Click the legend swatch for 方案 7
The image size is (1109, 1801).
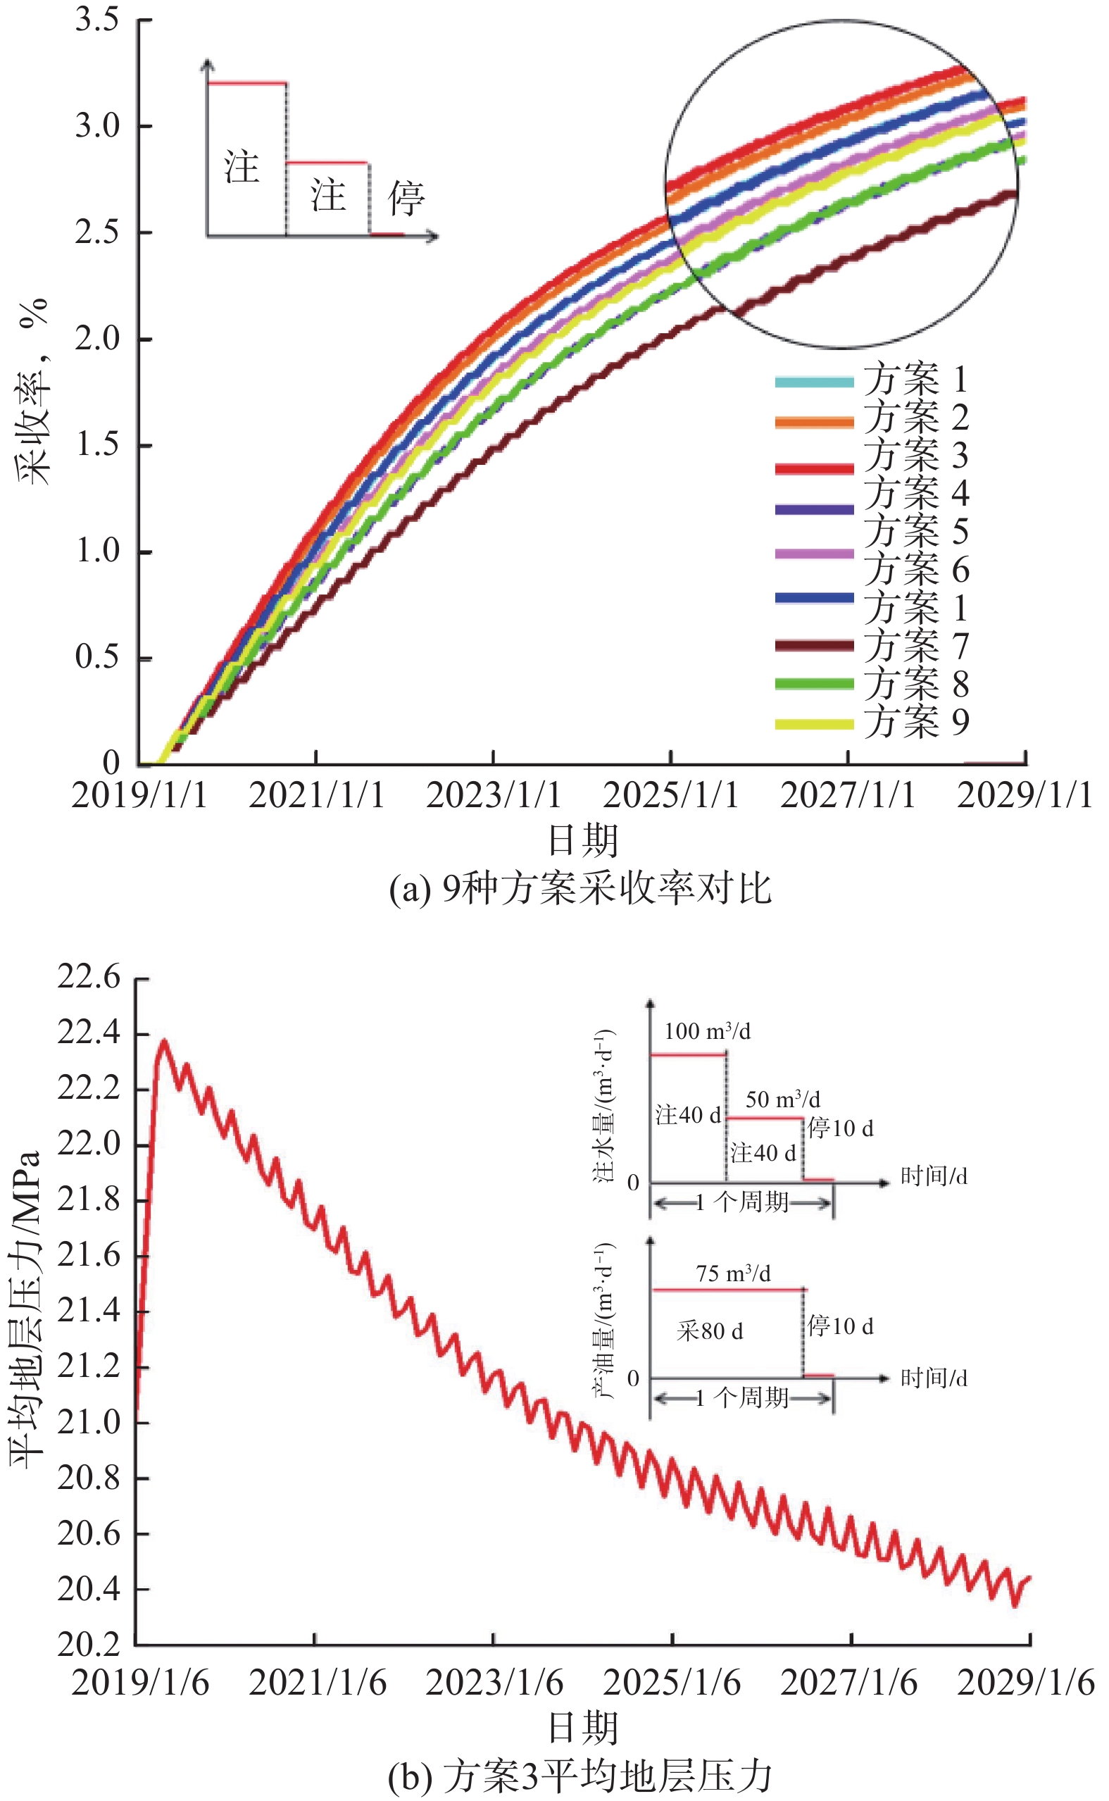click(814, 646)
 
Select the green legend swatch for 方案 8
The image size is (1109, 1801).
click(814, 684)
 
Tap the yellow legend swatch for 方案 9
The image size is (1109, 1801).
click(814, 724)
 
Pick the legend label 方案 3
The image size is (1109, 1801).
click(915, 455)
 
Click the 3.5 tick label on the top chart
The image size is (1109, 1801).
click(97, 20)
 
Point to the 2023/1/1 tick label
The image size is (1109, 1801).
click(493, 795)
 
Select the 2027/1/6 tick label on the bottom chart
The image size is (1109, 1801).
click(848, 1683)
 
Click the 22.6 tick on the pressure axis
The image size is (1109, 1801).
click(89, 978)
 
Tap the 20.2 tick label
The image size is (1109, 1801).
click(89, 1645)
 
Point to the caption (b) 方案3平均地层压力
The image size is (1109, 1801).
click(579, 1777)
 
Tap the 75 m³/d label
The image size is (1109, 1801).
click(733, 1273)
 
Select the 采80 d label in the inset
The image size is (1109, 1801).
click(709, 1331)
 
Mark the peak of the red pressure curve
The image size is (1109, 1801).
click(163, 1041)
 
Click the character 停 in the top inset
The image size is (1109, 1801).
click(406, 198)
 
